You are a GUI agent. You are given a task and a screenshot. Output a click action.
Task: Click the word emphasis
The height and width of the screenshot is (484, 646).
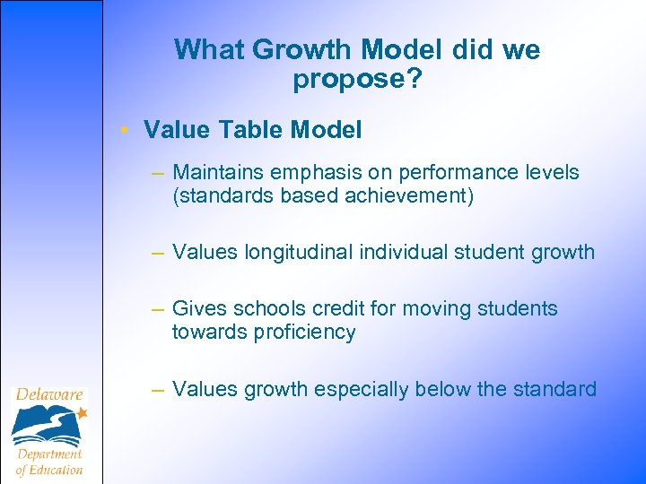[310, 172]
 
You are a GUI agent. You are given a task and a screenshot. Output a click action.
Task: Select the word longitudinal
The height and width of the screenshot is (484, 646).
[299, 253]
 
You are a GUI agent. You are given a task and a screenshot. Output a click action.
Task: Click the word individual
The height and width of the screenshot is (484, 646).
[404, 253]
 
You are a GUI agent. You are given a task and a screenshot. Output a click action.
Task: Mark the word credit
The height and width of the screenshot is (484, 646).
[333, 309]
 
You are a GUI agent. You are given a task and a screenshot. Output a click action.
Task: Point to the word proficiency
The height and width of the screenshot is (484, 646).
[304, 333]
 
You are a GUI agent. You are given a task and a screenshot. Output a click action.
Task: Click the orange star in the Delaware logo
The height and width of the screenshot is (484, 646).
[82, 413]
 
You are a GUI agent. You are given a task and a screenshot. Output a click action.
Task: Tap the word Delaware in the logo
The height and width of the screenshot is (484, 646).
[48, 394]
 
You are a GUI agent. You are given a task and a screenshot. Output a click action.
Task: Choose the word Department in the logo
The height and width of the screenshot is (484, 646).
[49, 454]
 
